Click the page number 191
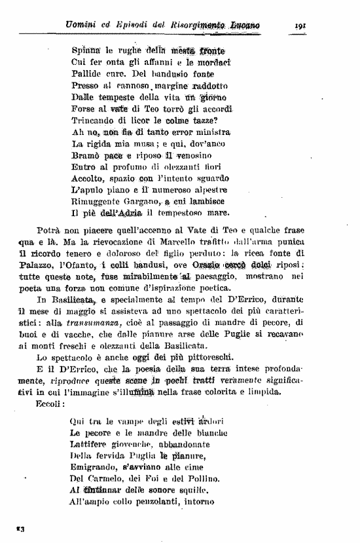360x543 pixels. (302, 26)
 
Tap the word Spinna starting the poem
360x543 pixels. (85, 50)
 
